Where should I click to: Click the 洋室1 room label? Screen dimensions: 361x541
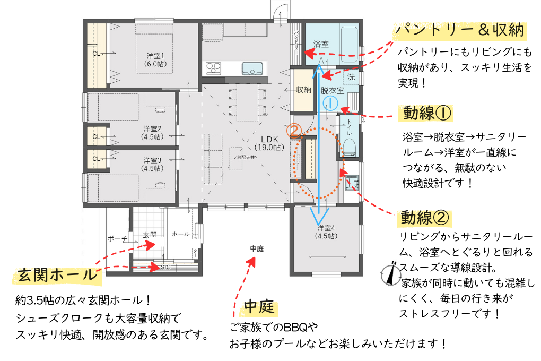pos(155,59)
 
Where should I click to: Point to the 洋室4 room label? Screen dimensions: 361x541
pos(325,232)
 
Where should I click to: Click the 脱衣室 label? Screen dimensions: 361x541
pos(333,90)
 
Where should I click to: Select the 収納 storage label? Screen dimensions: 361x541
pos(303,90)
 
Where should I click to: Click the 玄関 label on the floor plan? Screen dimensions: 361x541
pos(150,234)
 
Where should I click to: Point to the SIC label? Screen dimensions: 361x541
pos(165,267)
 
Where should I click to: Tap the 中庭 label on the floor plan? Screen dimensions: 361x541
pos(257,248)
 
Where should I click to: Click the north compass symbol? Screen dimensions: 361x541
pos(391,274)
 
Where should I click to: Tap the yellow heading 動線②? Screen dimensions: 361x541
pos(426,217)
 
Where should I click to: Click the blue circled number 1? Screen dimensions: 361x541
pos(329,102)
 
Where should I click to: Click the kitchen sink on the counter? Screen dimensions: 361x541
pos(251,69)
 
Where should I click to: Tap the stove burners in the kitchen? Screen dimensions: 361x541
pos(213,68)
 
